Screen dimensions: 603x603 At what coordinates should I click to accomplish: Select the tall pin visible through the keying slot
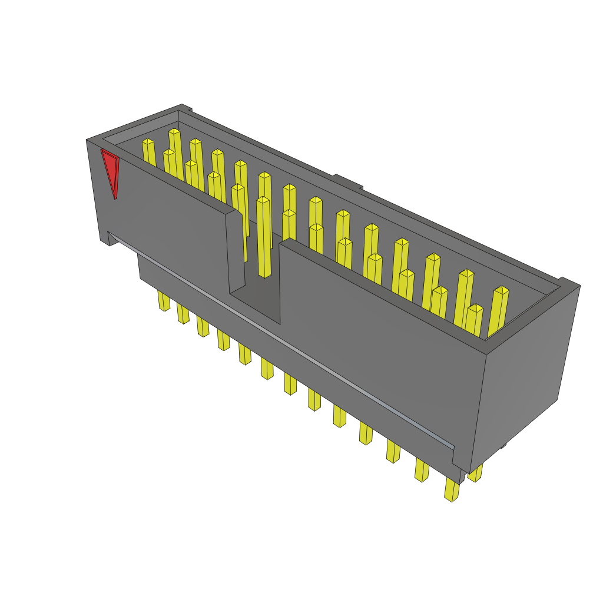[x=263, y=236]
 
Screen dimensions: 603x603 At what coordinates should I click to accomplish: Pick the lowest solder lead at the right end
[x=452, y=490]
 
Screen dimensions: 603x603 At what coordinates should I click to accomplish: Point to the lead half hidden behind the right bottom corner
[x=476, y=473]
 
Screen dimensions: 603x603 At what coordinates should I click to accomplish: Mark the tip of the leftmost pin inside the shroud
[x=148, y=142]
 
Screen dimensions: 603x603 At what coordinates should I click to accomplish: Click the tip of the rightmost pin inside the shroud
[x=501, y=290]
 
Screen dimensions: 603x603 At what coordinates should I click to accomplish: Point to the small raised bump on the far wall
[x=347, y=180]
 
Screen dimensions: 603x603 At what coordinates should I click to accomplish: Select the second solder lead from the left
[x=183, y=314]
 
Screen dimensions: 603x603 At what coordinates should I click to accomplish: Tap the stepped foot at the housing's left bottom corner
[x=106, y=238]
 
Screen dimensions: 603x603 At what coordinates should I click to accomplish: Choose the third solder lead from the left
[x=203, y=327]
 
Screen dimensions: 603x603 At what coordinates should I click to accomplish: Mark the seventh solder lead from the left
[x=290, y=384]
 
